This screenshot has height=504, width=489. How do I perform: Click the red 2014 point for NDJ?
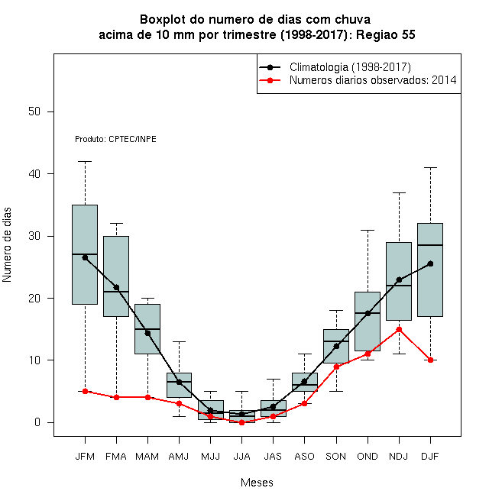coord(399,329)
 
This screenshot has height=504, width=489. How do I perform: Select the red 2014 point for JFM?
coord(85,391)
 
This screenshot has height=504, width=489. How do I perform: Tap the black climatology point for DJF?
coord(430,263)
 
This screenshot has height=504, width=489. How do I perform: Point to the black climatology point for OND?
coord(368,313)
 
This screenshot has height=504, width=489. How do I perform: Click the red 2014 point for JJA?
coord(241,422)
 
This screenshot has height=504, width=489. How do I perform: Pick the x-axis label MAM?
coord(147,457)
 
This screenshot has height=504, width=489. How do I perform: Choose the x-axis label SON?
coord(336,457)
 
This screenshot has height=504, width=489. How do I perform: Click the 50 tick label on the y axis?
coord(34,111)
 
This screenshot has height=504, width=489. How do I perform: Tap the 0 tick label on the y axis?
coord(37,422)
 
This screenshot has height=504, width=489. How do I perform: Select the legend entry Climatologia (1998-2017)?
coord(350,67)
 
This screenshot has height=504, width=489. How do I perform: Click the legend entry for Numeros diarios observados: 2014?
coord(373,80)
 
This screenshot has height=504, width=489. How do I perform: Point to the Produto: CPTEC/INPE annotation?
coord(115,139)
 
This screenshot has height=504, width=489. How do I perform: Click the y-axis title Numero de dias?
coord(7,245)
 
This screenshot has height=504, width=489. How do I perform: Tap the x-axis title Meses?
coord(257,483)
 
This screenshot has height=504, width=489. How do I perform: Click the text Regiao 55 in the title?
coord(385,34)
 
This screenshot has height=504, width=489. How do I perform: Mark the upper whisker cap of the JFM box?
coord(85,161)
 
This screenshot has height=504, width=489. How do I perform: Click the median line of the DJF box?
coord(430,245)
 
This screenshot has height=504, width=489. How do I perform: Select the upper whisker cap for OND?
coord(368,230)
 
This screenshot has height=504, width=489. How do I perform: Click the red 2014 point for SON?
coord(336,367)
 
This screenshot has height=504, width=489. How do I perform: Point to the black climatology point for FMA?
coord(116,287)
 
